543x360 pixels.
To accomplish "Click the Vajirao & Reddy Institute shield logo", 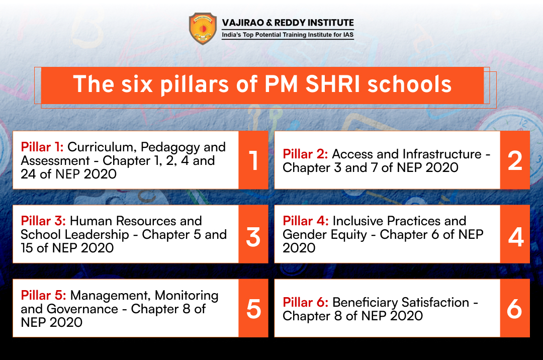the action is tap(203, 28).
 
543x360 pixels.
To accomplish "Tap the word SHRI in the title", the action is tap(332, 84).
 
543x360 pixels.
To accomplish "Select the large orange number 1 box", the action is tap(253, 160).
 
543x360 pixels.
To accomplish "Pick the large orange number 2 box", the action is tap(515, 160).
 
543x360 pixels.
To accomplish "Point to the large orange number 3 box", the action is tap(253, 234).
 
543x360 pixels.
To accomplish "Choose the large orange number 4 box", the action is tap(515, 234).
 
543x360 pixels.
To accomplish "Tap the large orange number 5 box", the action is tap(253, 308).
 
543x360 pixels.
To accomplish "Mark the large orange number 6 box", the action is tap(515, 308).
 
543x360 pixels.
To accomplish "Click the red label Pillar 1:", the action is tap(42, 147).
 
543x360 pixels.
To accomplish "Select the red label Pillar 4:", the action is tap(306, 221).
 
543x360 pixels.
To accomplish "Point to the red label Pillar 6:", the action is tap(306, 302).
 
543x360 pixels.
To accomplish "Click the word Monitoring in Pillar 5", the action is tap(187, 296).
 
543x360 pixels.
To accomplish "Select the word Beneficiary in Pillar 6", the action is tap(365, 303).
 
